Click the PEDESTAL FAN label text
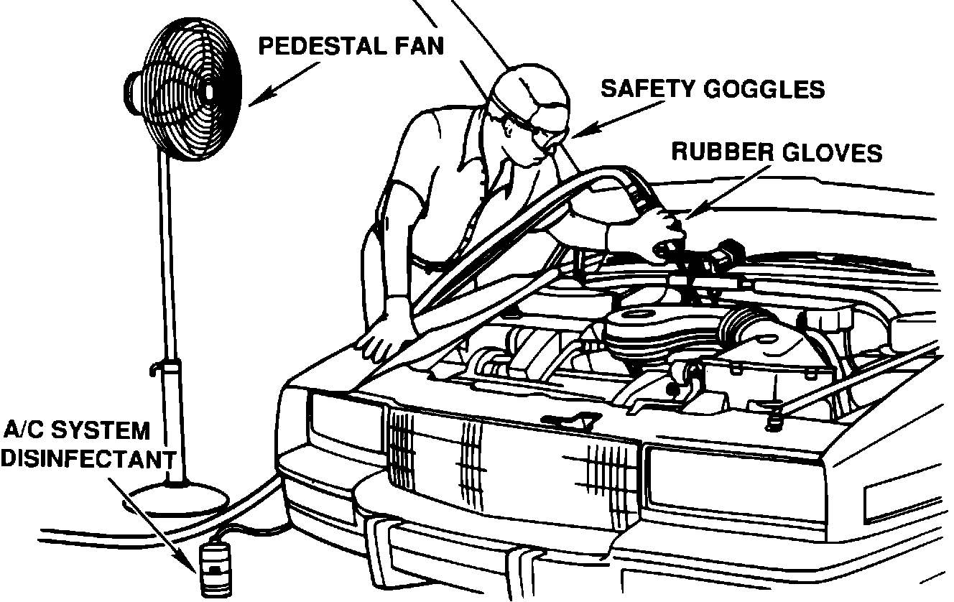click(351, 47)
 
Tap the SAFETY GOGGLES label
click(713, 89)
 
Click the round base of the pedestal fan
click(177, 496)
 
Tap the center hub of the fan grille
click(209, 91)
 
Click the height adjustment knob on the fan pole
click(153, 369)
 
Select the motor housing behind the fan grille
click(134, 90)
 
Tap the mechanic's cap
click(532, 90)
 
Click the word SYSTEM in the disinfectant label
click(108, 431)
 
